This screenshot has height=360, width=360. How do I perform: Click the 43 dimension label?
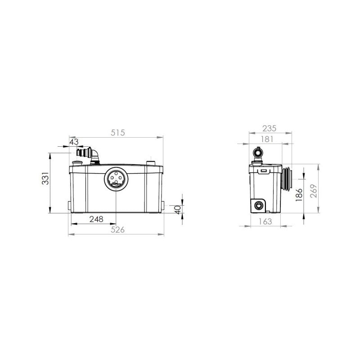[74, 142]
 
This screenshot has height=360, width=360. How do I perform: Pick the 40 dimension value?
[178, 209]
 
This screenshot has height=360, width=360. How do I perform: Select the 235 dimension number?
[270, 128]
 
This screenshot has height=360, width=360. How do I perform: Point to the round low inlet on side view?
[259, 206]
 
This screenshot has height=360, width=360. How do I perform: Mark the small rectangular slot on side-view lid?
[262, 171]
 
